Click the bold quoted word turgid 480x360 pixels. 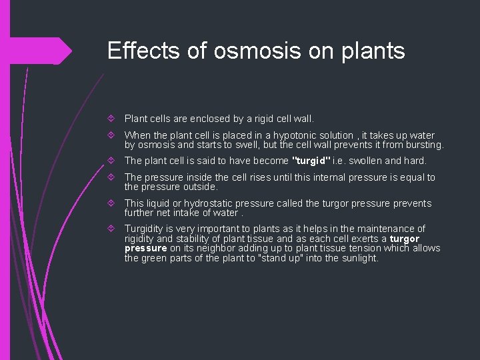pyautogui.click(x=311, y=161)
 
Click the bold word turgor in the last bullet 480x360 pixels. pyautogui.click(x=405, y=239)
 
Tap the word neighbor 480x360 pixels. pyautogui.click(x=219, y=248)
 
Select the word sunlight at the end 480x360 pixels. pyautogui.click(x=359, y=258)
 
